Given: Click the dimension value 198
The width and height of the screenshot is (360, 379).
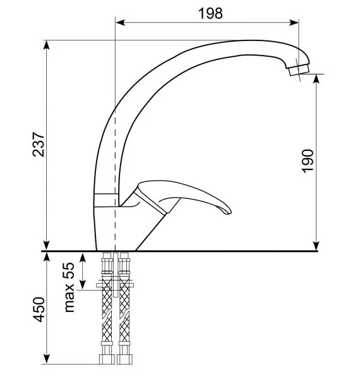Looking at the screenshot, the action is (x=210, y=13).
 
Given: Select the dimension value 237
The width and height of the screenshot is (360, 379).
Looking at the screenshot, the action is (x=39, y=144).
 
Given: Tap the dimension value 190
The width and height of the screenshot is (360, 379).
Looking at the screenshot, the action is (x=308, y=161).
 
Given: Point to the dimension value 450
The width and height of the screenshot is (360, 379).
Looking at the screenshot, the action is (x=39, y=310).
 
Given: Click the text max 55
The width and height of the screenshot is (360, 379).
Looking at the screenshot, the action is (x=69, y=287).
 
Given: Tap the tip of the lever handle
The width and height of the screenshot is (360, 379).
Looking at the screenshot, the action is (x=229, y=212).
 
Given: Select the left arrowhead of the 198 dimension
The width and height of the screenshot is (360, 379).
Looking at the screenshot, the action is (x=120, y=23).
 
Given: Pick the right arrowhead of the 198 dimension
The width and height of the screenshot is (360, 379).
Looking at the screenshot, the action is (x=294, y=23).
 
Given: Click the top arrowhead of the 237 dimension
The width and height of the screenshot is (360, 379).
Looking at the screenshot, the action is (x=46, y=45).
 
